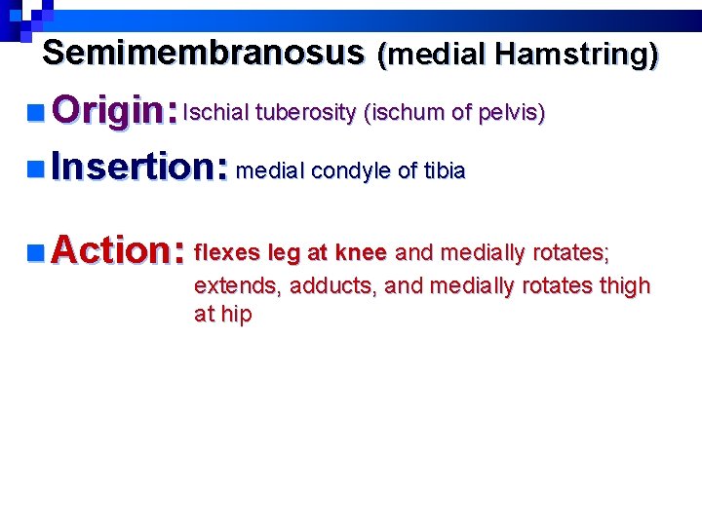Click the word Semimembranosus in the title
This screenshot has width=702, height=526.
pyautogui.click(x=204, y=53)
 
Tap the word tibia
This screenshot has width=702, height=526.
pyautogui.click(x=444, y=172)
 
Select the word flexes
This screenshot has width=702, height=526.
pyautogui.click(x=227, y=253)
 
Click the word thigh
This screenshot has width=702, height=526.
pyautogui.click(x=625, y=286)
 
